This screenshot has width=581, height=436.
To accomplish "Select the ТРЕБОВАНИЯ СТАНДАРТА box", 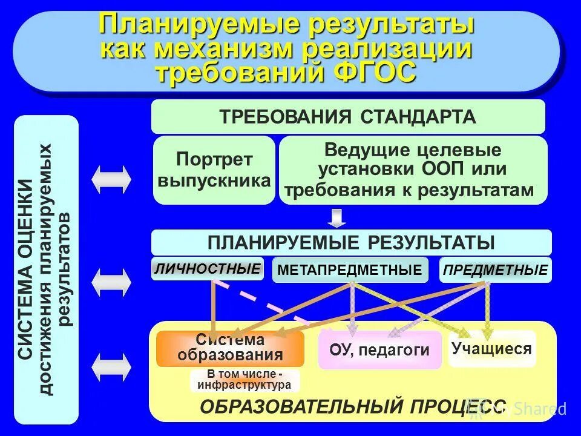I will [x=347, y=116].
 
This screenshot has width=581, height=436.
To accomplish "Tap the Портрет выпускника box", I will [x=214, y=170].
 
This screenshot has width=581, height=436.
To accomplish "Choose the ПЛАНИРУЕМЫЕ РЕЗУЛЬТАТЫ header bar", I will [x=351, y=242].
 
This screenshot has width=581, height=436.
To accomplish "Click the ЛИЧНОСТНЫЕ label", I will [x=207, y=269].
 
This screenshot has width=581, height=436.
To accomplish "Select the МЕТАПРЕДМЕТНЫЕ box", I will [x=350, y=270].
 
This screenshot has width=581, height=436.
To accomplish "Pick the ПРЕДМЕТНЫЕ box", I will [x=495, y=270].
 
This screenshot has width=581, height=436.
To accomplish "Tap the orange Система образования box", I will [x=230, y=348].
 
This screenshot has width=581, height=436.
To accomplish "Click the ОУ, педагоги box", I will [x=379, y=349].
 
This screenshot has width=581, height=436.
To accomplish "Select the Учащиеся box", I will [x=491, y=348].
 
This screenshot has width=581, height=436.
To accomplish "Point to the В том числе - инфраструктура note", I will [x=245, y=380].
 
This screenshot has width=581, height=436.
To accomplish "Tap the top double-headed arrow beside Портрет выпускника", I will [x=111, y=179].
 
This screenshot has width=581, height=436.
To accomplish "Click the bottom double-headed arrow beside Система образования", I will [x=111, y=366].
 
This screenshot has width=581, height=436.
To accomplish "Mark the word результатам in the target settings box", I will [x=477, y=190].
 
